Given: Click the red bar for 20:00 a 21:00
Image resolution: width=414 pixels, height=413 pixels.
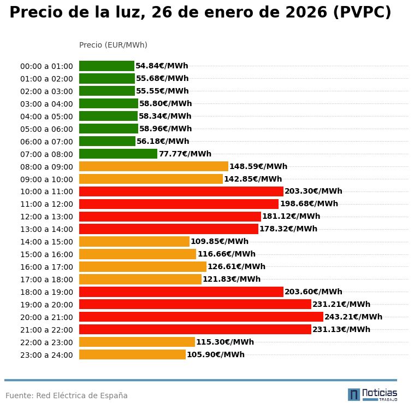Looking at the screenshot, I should [201, 317].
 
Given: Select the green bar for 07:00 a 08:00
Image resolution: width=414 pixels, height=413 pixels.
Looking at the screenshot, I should [118, 154].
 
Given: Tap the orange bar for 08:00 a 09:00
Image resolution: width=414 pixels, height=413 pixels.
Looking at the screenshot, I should [153, 166].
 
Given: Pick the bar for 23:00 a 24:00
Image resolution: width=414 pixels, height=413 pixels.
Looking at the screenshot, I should [132, 354].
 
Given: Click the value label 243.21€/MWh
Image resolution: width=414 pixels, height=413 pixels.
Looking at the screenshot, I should [353, 317].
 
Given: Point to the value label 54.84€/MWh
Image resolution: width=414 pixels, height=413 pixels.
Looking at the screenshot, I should [162, 66].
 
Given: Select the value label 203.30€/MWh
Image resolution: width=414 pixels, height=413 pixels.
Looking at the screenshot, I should [314, 191].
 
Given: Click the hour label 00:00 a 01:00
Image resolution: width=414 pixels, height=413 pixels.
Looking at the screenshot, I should [46, 66].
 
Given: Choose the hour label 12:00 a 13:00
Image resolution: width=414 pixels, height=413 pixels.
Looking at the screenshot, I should [46, 217].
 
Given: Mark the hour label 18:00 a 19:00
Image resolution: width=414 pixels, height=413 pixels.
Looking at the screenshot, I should [46, 292].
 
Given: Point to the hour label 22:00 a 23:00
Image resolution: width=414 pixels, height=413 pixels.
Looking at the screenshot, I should [46, 342].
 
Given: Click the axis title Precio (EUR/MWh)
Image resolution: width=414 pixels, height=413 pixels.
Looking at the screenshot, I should [113, 45].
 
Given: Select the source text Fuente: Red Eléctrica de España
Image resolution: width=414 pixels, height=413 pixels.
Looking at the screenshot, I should [67, 395].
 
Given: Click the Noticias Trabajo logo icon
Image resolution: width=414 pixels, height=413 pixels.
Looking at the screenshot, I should [354, 394].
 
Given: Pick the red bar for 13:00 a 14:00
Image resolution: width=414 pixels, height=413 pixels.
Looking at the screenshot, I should [169, 229].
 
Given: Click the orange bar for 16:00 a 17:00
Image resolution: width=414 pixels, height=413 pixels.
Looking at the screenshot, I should [143, 266].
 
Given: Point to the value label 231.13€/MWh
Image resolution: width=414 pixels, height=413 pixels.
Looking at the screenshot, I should [341, 329].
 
